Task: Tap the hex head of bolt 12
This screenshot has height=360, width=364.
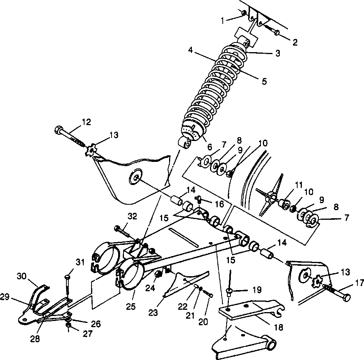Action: coord(59,129)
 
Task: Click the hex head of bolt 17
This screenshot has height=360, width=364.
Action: coord(346,297)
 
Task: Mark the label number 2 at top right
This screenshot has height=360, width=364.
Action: coord(295,42)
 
